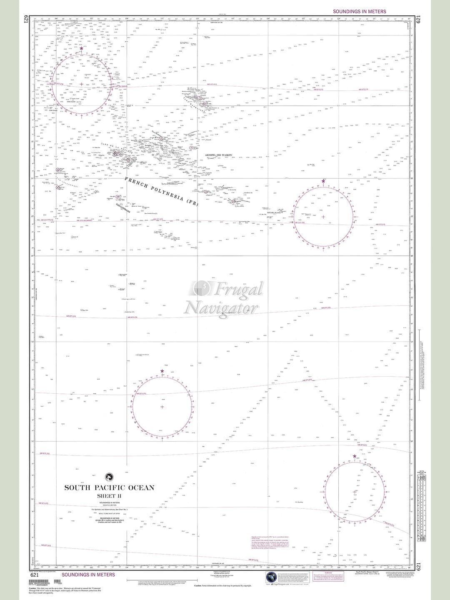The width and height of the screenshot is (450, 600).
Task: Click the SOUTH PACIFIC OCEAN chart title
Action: coord(109,487)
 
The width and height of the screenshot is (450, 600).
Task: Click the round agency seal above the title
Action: coord(109,477)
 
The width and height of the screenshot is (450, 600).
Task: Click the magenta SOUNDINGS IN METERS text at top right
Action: coord(359,12)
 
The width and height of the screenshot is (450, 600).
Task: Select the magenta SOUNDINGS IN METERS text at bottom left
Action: coord(88,575)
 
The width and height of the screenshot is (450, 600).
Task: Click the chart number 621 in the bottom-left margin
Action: coord(35,575)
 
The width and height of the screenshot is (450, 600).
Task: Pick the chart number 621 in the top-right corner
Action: coord(418,19)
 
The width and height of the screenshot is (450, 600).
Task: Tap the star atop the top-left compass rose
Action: coord(81,49)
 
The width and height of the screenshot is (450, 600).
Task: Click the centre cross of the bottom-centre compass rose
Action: coord(162,406)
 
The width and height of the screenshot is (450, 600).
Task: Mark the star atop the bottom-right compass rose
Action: coord(355,457)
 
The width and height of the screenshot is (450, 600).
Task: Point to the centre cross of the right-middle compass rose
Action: coord(323,217)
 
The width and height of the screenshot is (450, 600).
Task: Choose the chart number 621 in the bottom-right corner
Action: coord(418,567)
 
